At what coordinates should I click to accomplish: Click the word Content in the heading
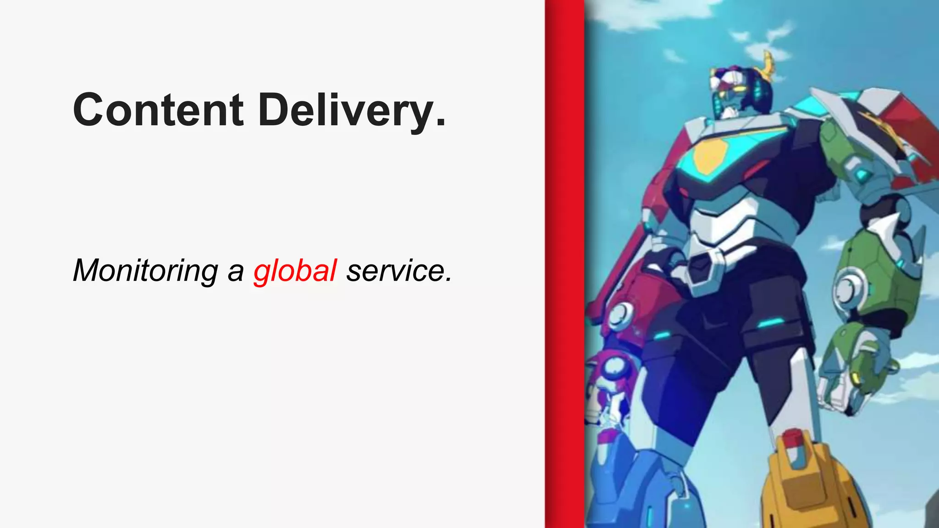coord(158,110)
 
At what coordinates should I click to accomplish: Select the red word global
coord(295,270)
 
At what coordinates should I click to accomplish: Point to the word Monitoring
coord(145,270)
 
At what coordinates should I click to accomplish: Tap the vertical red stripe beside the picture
coord(564,264)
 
